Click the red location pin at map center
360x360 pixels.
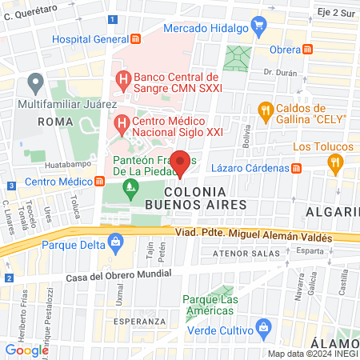[x=181, y=162]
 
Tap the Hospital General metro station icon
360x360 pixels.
[x=136, y=38]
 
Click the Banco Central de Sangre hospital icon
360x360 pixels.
[x=122, y=79]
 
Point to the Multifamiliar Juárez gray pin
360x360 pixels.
[x=34, y=82]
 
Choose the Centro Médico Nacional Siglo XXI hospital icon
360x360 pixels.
[x=122, y=124]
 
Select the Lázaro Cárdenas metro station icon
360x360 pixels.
[x=297, y=168]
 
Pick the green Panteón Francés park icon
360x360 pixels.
[x=130, y=186]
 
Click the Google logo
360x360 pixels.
[x=26, y=350]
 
